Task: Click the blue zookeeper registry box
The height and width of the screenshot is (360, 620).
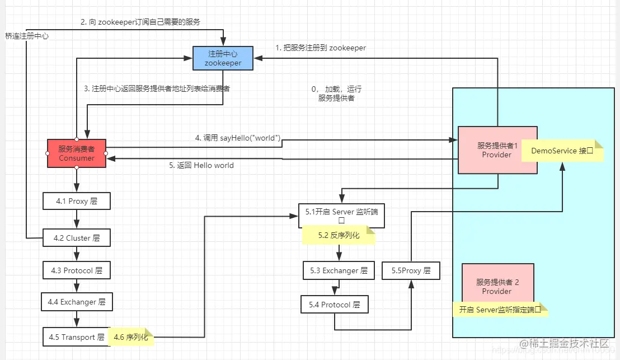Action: click(x=223, y=58)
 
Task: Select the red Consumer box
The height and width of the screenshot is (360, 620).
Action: click(x=77, y=153)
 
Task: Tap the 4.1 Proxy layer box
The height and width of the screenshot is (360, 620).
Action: click(x=77, y=201)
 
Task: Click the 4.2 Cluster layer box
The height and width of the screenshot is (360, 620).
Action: click(x=77, y=238)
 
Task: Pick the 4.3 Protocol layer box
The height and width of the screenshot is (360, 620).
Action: click(x=77, y=270)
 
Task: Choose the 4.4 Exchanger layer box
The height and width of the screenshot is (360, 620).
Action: click(x=77, y=302)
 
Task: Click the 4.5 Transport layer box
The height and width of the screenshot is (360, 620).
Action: click(x=74, y=337)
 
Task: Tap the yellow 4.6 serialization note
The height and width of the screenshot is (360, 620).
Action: click(x=131, y=337)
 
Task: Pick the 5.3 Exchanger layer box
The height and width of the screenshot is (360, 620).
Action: click(x=339, y=270)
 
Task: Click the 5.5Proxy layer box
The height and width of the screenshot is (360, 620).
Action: click(x=411, y=270)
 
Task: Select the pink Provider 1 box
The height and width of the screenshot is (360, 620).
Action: click(x=490, y=149)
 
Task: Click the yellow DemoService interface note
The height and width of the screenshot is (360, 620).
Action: click(x=562, y=151)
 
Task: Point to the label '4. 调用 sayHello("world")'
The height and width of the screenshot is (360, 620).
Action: click(x=237, y=138)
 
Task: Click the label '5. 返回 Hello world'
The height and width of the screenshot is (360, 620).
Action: click(x=201, y=166)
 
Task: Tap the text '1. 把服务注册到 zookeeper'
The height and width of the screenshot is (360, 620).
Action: click(x=321, y=48)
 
